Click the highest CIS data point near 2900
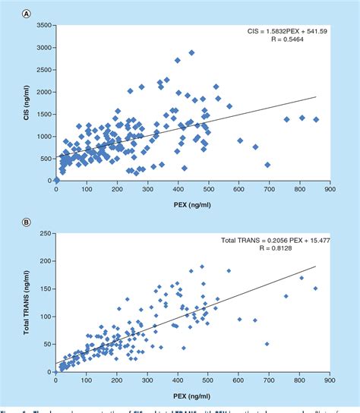[191, 53]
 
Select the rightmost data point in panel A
[316, 119]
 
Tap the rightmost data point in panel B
[316, 288]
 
